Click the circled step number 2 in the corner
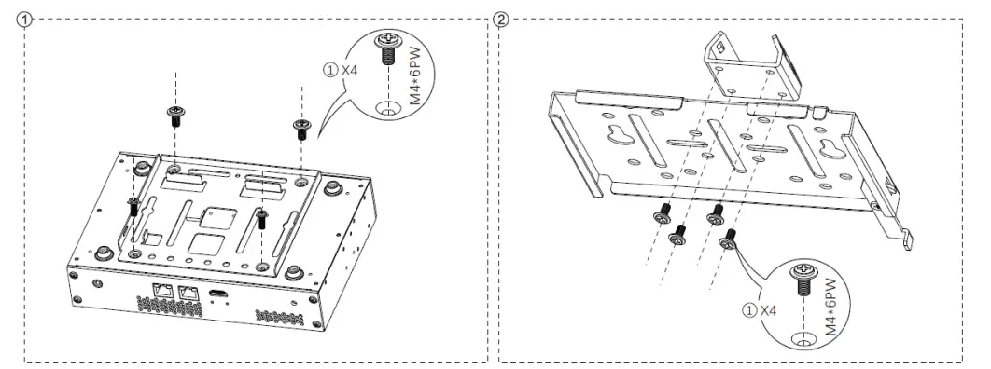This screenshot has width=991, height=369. pos(505,20)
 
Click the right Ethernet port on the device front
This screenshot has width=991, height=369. pos(189,294)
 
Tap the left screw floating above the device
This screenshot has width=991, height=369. pos(174,116)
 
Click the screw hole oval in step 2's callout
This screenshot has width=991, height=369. pos(799,337)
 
